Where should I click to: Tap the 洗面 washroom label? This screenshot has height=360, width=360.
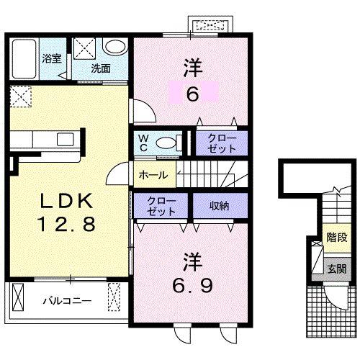click(101, 69)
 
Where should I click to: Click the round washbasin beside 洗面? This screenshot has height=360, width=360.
click(114, 48)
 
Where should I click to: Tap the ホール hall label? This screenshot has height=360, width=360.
click(153, 175)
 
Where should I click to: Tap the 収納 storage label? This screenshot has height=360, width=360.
click(220, 205)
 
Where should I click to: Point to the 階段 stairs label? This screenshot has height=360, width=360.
click(336, 236)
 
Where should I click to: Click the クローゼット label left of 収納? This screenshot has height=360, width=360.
click(161, 205)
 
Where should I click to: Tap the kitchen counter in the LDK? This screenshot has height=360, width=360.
click(46, 141)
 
